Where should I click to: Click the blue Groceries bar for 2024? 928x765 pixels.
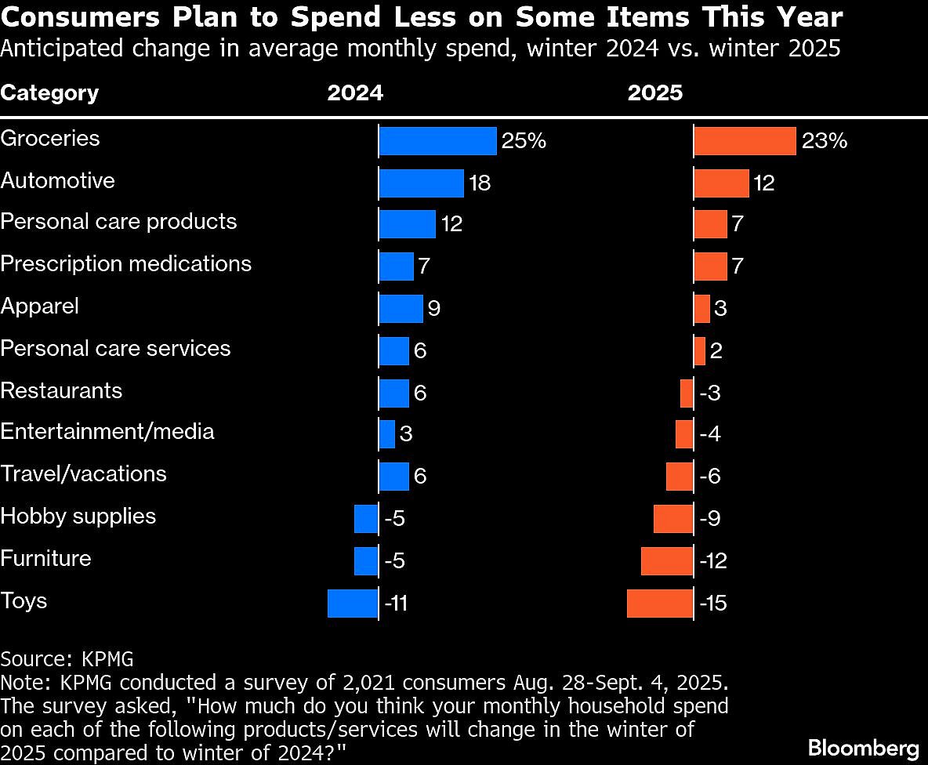pos(437,141)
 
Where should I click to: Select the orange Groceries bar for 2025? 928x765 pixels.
pos(745,141)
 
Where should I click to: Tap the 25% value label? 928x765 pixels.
pos(524,141)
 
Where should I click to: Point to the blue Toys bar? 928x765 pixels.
pos(353,604)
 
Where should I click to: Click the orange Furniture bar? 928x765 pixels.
pos(667,561)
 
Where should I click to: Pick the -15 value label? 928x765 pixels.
pos(712,604)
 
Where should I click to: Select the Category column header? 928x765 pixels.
pos(49,93)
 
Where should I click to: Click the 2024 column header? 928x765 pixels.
pos(355,93)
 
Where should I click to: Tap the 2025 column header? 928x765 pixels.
pos(655,93)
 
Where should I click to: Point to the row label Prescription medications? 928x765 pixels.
pos(126,263)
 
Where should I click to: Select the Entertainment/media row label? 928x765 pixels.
pos(107,432)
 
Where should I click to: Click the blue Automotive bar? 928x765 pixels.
pos(421,183)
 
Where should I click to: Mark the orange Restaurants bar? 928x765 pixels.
pos(687,393)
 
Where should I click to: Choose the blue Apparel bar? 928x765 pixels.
pos(401,309)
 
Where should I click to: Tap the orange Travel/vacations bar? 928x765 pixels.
pos(680,477)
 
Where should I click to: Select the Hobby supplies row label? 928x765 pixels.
pos(78,517)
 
